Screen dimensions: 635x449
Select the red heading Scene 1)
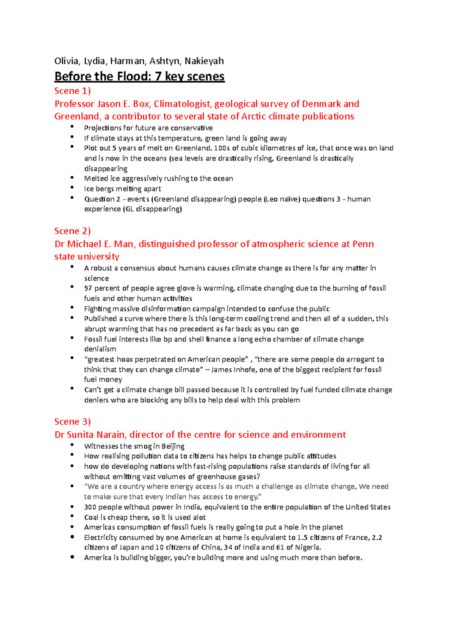(73, 91)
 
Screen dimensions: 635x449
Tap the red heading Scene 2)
(73, 231)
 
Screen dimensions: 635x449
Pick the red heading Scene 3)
(73, 422)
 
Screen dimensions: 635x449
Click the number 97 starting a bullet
(88, 288)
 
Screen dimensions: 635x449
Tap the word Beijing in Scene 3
(173, 446)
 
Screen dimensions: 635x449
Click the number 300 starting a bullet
(90, 507)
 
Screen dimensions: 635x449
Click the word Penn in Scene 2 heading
(363, 244)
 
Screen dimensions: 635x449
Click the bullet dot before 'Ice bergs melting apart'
(72, 187)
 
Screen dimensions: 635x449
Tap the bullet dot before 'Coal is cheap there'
(72, 516)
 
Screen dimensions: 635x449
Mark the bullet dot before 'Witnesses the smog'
(72, 445)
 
